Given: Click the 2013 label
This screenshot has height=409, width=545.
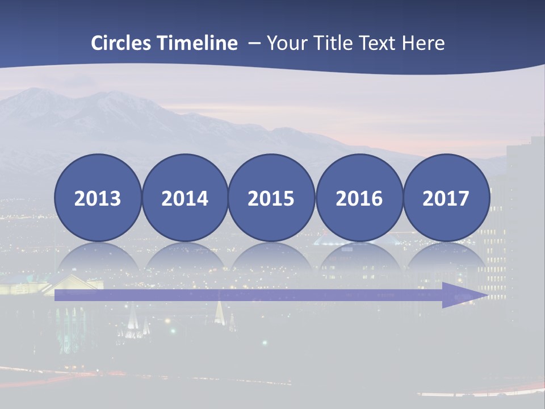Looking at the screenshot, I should point(98,198).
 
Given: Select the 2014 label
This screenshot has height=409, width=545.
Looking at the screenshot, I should point(185,198).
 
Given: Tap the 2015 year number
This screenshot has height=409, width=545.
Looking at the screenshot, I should point(271,198).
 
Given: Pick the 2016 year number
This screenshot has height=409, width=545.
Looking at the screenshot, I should point(359,198).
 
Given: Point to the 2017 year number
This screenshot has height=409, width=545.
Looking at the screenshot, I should point(446,198).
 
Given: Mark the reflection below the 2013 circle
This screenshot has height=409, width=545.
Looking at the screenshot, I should point(98,258).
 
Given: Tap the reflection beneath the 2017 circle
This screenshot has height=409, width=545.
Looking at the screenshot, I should point(446,258).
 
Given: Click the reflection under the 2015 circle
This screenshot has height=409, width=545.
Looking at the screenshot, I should point(271,258).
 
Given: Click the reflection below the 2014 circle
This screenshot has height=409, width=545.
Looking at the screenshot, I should point(185,258).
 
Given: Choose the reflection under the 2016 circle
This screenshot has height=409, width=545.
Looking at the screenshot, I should point(359,258).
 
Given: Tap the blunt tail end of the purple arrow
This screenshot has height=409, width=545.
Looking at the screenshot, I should point(57,295).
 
